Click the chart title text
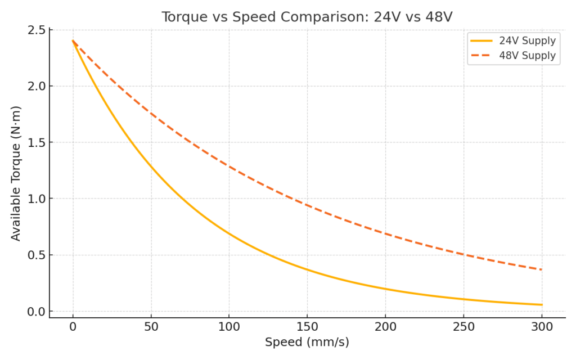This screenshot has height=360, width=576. click(307, 17)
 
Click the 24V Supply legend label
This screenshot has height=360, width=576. click(527, 40)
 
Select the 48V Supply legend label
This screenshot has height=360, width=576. click(527, 56)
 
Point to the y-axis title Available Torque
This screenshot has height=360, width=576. click(16, 173)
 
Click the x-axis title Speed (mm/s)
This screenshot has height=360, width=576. click(307, 342)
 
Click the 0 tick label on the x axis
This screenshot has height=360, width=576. click(73, 327)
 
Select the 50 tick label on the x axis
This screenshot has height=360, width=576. click(151, 327)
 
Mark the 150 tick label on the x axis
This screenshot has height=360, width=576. click(307, 327)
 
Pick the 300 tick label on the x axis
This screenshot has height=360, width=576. click(542, 327)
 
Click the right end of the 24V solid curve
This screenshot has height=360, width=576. click(542, 305)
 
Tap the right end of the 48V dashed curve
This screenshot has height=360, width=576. click(542, 269)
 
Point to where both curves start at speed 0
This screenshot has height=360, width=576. click(73, 40)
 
